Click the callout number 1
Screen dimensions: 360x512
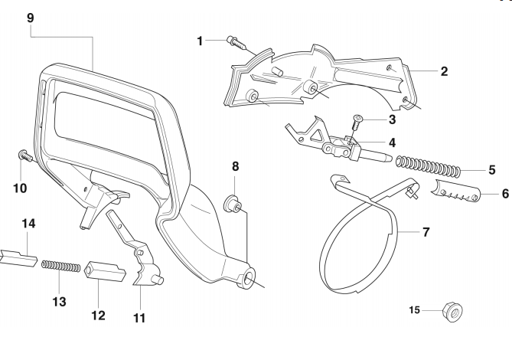point(200,40)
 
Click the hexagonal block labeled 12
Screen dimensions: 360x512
point(103,273)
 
